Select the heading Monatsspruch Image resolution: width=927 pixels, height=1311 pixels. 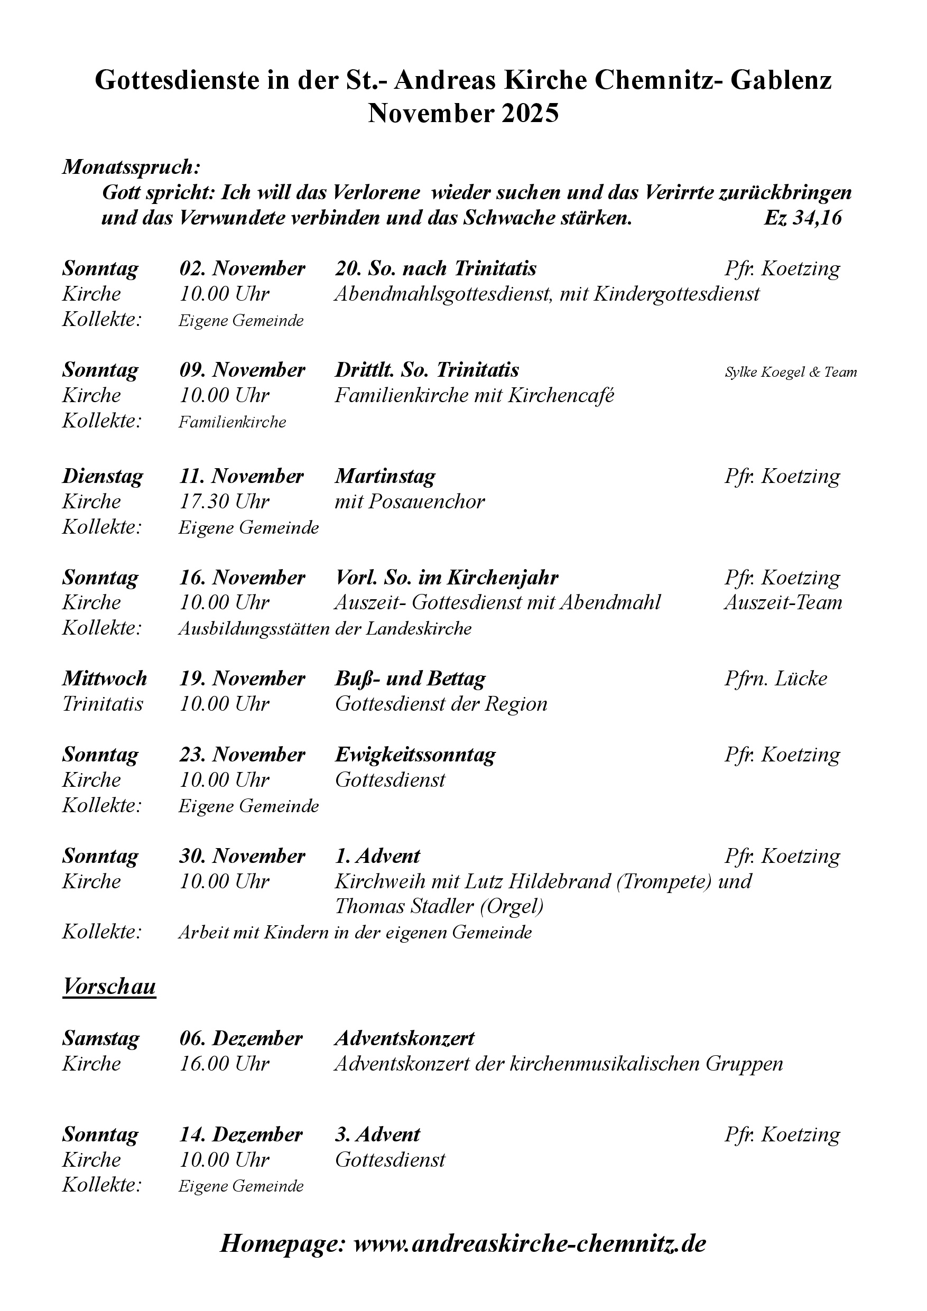132,167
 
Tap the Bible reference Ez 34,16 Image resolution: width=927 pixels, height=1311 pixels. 802,218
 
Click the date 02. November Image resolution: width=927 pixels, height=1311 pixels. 242,268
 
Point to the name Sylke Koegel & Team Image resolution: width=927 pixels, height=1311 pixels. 791,373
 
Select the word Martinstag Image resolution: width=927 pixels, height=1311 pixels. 385,476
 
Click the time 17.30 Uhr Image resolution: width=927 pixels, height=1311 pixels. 224,501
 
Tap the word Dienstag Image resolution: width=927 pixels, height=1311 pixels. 103,476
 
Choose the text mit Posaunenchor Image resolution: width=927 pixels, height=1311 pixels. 410,501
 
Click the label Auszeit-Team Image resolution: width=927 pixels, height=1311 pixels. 783,602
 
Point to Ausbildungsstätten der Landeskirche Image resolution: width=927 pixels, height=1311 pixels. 325,629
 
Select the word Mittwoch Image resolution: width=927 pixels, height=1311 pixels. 105,678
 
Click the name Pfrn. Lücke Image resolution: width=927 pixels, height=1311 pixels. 776,678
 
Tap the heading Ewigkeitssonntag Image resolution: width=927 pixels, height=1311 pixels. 415,755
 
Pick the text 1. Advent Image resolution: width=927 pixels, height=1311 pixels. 377,856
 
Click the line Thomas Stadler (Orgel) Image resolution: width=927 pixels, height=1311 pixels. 439,906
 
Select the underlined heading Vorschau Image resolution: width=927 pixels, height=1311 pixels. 109,986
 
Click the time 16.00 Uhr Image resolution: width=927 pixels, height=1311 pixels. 224,1063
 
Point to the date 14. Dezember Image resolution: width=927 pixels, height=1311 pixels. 240,1134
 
